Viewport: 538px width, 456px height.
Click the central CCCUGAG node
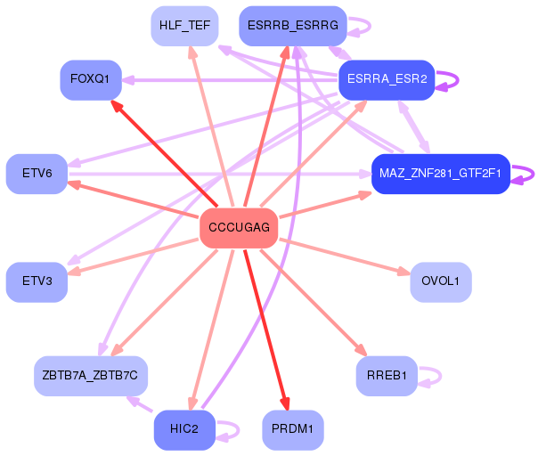point(239,228)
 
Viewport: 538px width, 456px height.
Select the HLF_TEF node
point(184,26)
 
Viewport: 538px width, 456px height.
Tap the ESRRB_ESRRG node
point(293,26)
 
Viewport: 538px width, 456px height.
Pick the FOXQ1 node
point(91,80)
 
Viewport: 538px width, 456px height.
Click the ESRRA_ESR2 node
point(387,80)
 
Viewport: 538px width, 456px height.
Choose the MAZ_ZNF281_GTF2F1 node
point(441,174)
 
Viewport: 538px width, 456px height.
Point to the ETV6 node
point(37,174)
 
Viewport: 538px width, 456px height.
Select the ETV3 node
point(37,282)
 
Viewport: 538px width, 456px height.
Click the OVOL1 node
point(441,282)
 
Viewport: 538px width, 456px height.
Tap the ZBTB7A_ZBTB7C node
point(91,376)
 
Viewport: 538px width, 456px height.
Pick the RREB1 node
point(387,376)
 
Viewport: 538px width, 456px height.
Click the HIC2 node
point(184,430)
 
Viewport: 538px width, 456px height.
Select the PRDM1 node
point(293,430)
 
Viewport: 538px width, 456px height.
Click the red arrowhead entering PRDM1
point(285,403)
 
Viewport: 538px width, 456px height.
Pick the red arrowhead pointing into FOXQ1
point(117,106)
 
